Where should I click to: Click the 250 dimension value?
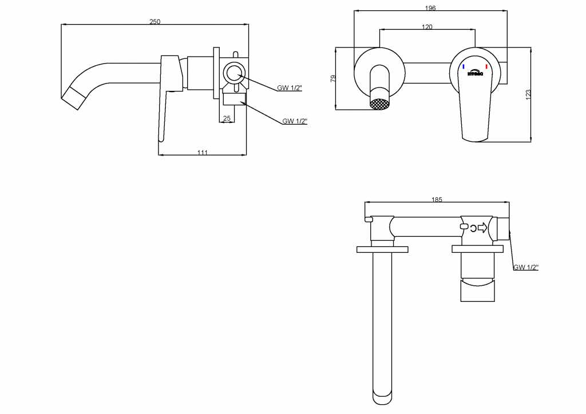click(155, 22)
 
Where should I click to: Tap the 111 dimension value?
click(202, 152)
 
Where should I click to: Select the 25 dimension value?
click(227, 118)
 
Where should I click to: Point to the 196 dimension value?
click(431, 8)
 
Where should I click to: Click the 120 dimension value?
click(427, 27)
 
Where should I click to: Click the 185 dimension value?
click(437, 200)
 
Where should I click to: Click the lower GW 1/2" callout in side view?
click(295, 121)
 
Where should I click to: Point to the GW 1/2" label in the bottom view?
click(526, 267)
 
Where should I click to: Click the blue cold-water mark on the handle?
click(463, 67)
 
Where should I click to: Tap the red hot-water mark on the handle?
click(486, 67)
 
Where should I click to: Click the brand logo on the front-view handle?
click(475, 73)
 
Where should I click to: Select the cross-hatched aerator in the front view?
click(379, 105)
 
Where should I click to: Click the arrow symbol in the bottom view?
click(482, 228)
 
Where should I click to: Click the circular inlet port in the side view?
click(233, 74)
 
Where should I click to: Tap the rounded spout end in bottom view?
click(383, 397)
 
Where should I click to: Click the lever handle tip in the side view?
click(162, 137)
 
